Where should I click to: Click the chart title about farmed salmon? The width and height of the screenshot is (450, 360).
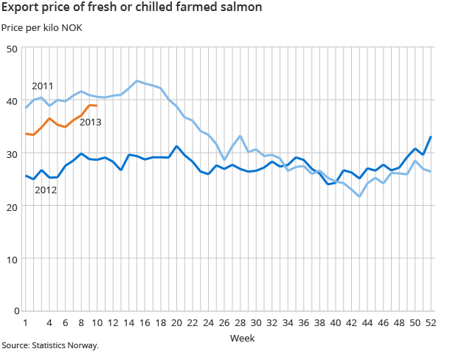coord(131,9)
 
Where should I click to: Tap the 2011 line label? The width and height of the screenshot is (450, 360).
coord(42,86)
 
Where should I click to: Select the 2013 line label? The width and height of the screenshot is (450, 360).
coord(90,122)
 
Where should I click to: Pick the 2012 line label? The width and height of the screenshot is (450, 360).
coord(46,190)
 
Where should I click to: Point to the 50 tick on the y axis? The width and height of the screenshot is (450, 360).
coord(13,49)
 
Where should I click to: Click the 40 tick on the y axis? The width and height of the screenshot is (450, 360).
coord(13,101)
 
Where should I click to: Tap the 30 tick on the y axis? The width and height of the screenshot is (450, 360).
coord(13,153)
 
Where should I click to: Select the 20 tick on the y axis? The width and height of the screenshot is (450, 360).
coord(13,206)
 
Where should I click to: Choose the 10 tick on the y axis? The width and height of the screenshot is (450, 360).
coord(13,259)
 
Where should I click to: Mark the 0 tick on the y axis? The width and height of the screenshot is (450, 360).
coord(15,311)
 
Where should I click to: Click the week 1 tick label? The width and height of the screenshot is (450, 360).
coord(26,322)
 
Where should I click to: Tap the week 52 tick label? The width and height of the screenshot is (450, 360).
coord(431,322)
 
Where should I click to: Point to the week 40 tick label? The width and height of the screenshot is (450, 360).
coord(336,322)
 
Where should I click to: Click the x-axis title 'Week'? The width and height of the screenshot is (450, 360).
coord(242,338)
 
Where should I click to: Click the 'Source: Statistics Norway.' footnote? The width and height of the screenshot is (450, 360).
coord(49,345)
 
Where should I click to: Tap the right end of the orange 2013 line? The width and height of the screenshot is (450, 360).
coord(97,105)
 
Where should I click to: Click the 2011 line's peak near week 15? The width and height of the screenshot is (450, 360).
coord(137,80)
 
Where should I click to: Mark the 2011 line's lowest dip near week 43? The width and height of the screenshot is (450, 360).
coord(359,197)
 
